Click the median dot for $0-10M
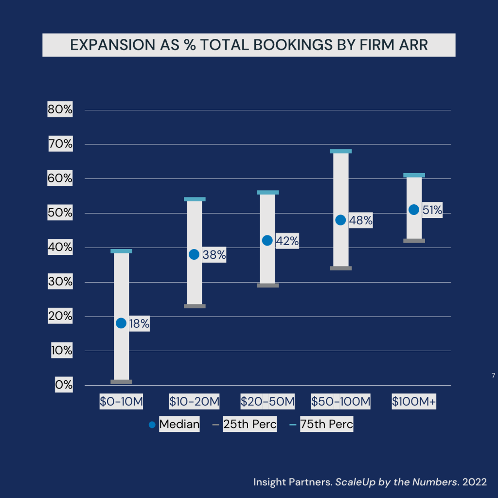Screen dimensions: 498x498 pos(121,323)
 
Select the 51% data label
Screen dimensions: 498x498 pos(432,210)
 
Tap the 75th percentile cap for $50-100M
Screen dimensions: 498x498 pos(340,151)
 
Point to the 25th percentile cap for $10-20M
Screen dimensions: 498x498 pos(195,306)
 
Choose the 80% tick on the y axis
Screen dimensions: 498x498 pos(60,110)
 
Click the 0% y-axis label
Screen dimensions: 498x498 pos(64,385)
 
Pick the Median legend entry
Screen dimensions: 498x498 pos(179,424)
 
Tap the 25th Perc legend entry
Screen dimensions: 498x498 pos(249,424)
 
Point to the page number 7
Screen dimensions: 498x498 pos(493,375)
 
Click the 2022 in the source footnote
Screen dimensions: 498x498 pos(475,482)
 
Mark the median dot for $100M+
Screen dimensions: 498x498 pos(414,210)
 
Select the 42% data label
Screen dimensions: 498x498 pos(287,241)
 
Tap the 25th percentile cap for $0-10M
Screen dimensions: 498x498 pos(121,382)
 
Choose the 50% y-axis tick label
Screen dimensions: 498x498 pos(60,213)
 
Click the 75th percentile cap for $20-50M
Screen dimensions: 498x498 pos(267,192)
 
